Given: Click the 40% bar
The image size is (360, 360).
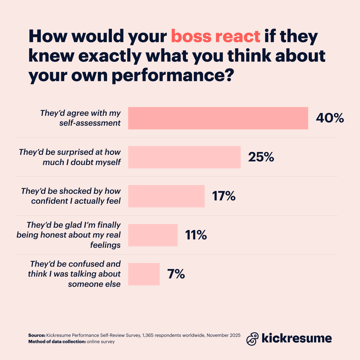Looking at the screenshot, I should pos(218,118).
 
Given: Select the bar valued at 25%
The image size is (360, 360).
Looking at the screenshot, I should pos(184,157).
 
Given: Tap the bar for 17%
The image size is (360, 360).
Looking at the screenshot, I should pos(166,196).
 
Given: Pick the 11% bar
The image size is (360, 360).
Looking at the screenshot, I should pos(153,235).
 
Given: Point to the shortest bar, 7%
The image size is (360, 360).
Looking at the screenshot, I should pos(144,274).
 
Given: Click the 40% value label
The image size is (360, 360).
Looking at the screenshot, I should pos(330,118).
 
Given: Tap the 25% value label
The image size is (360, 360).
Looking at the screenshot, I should pos(261,157).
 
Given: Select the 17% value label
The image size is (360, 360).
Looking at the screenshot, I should pos(224,196).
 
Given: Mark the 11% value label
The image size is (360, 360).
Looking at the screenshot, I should pos(196,235).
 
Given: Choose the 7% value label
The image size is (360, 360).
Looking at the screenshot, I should pos(176,274).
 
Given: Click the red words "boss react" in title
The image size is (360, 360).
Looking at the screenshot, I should pos(215,37).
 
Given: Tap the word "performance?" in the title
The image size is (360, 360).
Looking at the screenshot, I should pos(172,76).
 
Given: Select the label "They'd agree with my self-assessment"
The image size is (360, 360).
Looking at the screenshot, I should pos(80,118).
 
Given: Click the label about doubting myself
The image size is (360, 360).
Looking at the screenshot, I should pos(70,157).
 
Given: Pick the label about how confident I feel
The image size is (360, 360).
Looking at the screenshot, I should pos(71,196).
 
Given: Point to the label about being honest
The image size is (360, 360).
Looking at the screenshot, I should pos(69,235).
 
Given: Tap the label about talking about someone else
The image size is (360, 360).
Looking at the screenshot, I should pos(74,274).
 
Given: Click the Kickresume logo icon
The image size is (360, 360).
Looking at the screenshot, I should pos(252,339).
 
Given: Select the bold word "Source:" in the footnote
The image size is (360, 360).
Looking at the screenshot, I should pos(37,335).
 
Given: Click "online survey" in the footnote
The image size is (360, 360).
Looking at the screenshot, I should pos(101,342).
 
